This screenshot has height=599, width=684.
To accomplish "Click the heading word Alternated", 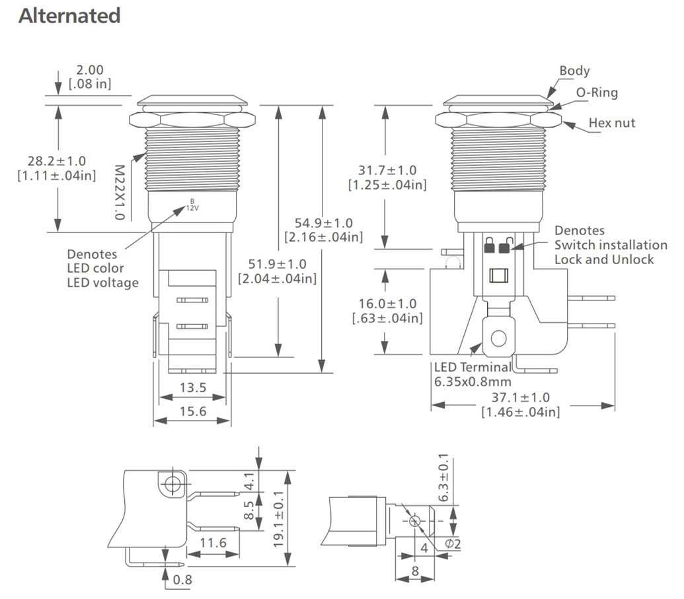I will click(x=69, y=16).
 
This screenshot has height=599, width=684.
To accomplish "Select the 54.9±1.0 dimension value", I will click(x=323, y=223).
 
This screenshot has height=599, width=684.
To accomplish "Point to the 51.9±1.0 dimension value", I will click(x=277, y=264).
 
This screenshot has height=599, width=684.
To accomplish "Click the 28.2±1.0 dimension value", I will click(x=56, y=161).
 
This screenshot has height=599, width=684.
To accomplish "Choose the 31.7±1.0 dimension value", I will click(x=387, y=171).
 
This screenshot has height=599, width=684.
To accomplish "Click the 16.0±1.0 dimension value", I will click(x=387, y=304).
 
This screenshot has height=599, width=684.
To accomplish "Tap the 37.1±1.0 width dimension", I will click(x=520, y=398).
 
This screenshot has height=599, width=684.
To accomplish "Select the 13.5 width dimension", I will click(x=192, y=388).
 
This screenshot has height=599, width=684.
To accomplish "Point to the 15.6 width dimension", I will click(x=192, y=411).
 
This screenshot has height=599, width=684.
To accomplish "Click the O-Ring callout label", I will click(x=597, y=92).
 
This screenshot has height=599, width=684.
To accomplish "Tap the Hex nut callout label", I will click(x=612, y=123).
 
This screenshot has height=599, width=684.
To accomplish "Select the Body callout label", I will click(x=574, y=71).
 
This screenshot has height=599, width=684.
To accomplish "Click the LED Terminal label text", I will click(x=472, y=367).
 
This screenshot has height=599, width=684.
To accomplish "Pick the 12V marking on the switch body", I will click(x=192, y=207).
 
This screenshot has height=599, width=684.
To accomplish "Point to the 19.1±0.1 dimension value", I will click(x=278, y=518).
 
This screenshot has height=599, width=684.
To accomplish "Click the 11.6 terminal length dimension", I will click(x=213, y=543).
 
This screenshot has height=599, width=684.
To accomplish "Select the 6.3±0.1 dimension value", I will click(x=443, y=477).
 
